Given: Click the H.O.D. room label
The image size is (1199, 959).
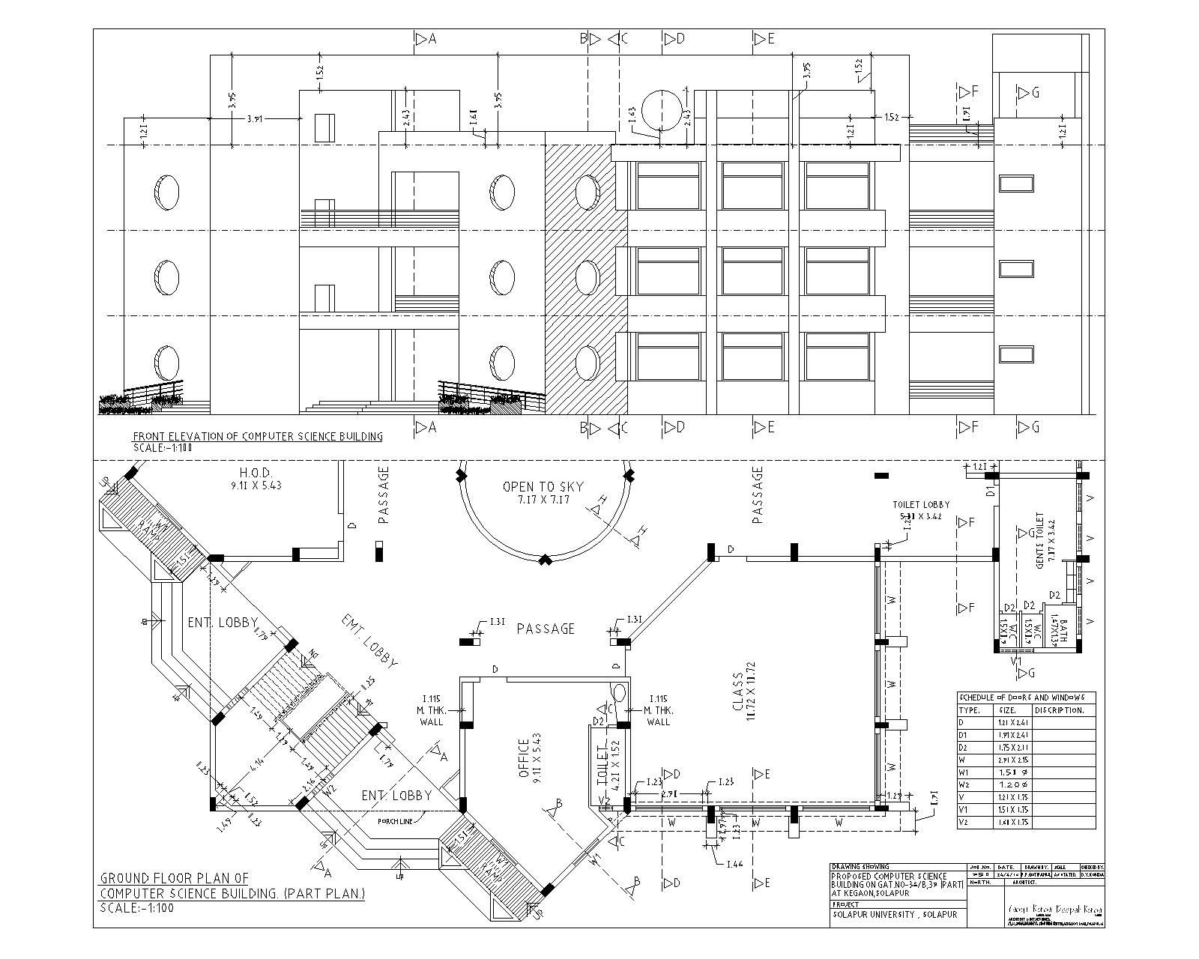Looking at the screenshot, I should [255, 478].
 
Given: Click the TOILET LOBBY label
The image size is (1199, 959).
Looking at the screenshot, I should [920, 505].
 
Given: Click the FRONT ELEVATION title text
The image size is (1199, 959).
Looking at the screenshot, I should [258, 437].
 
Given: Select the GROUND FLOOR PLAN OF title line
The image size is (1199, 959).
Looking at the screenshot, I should [175, 878].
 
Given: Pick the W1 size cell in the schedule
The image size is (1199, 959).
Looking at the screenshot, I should [1012, 772].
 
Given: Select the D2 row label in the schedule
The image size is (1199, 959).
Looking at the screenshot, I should [964, 747].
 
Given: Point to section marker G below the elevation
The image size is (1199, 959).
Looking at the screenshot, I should [1029, 427].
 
